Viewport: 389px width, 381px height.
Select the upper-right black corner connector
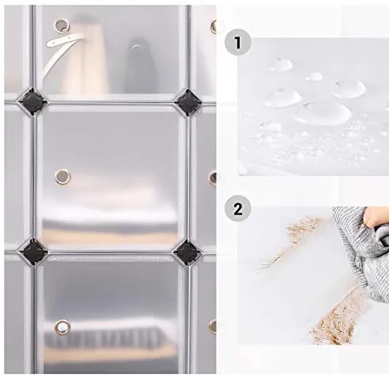pyautogui.click(x=187, y=102)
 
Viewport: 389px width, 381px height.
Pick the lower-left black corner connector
pyautogui.click(x=36, y=250)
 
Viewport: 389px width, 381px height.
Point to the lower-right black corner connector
pyautogui.click(x=187, y=252)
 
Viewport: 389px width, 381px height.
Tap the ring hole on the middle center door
pyautogui.click(x=61, y=174)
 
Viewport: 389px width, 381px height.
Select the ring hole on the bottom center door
pyautogui.click(x=61, y=326)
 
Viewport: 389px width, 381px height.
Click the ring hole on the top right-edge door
pyautogui.click(x=214, y=26)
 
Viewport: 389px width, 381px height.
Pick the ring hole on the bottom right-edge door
pyautogui.click(x=213, y=325)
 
